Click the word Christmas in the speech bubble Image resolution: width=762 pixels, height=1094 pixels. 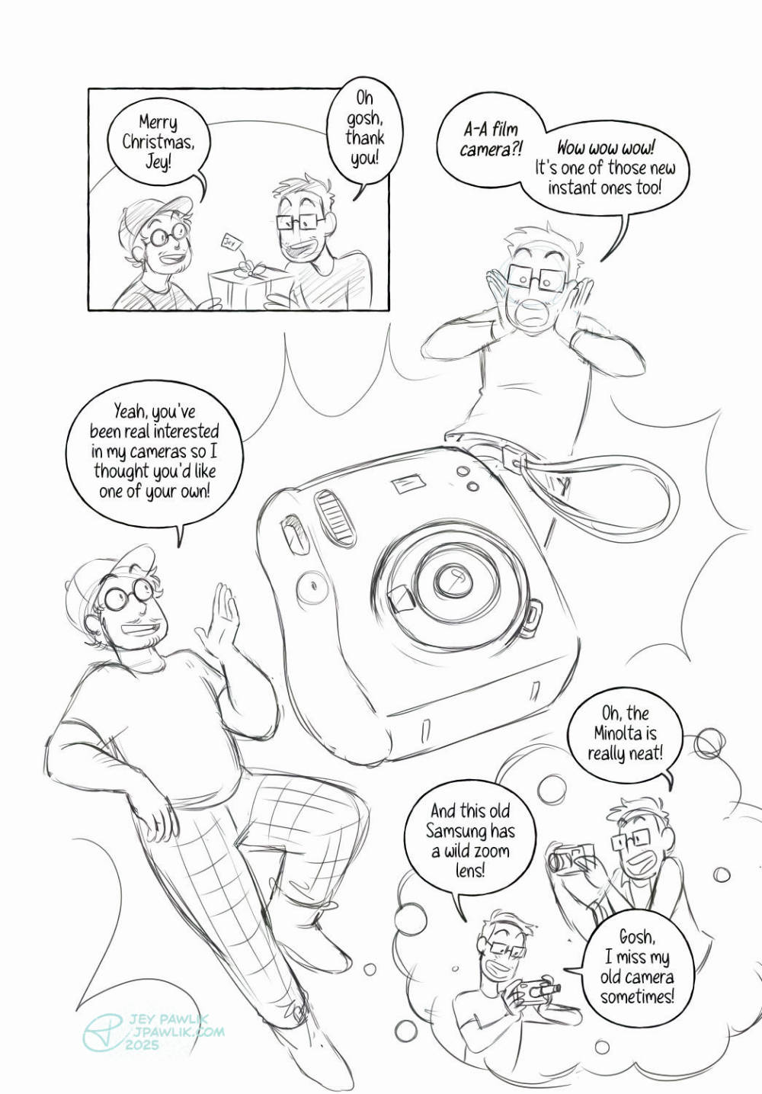tap(158, 142)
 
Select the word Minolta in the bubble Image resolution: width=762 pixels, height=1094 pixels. tap(625, 733)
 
